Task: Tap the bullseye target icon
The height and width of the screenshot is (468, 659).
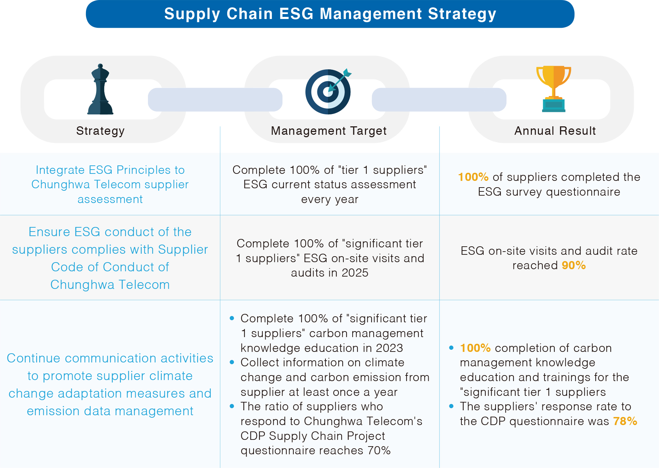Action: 328,91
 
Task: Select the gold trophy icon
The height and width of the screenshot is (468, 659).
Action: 554,89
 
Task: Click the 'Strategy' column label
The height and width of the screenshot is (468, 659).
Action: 100,131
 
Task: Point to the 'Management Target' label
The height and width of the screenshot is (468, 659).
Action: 329,131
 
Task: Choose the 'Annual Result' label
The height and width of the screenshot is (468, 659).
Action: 555,131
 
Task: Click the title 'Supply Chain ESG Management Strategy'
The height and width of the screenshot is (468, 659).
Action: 330,14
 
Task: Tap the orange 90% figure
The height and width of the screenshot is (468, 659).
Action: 574,265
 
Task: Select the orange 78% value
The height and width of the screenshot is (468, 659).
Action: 625,421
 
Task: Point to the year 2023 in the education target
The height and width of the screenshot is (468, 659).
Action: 389,348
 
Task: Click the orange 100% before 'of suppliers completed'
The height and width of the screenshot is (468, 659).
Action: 473,177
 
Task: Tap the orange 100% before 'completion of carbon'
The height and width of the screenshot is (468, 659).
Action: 475,348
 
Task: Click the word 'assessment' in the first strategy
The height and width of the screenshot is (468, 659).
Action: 110,200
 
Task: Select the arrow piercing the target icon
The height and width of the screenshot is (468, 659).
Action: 339,80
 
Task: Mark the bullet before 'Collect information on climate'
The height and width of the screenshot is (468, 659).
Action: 232,362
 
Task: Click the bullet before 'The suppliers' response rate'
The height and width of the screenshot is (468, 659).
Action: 451,406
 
